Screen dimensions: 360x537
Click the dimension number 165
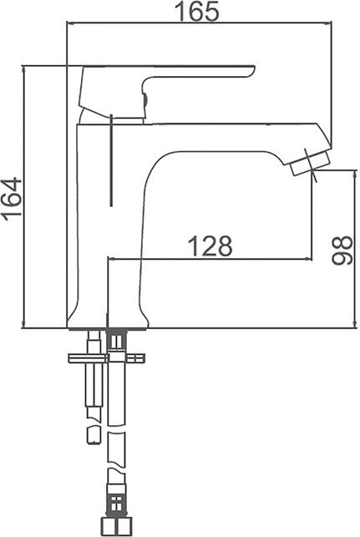[x=196, y=12]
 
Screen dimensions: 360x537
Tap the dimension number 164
[x=12, y=198]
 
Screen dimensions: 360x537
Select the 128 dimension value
[x=210, y=246]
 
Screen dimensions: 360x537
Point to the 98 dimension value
[x=342, y=250]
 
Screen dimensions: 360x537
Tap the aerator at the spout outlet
[x=311, y=164]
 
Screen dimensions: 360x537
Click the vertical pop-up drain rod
[x=111, y=160]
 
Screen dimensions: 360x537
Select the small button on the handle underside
[x=145, y=99]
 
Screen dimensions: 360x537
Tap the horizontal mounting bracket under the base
[x=107, y=358]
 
